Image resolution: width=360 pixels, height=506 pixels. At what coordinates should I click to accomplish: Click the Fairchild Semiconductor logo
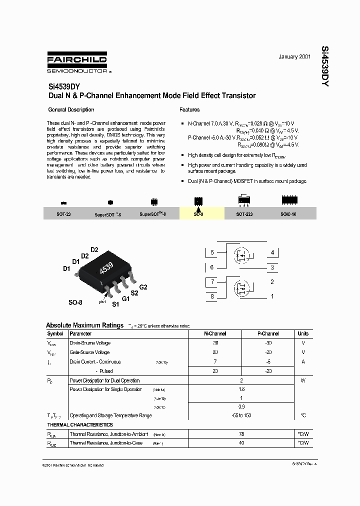(77, 62)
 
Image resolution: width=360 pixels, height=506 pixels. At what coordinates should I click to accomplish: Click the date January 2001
(294, 57)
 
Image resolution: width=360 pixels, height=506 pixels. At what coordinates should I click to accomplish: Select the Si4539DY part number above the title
(61, 85)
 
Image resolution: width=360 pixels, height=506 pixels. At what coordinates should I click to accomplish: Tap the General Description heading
(71, 109)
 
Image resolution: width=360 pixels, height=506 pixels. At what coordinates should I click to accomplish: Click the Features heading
(189, 109)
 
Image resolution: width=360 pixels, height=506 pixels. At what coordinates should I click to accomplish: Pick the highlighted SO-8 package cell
(198, 214)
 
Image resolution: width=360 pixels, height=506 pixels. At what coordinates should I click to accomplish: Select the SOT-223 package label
(244, 214)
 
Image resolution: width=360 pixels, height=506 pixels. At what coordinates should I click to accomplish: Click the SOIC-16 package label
(288, 214)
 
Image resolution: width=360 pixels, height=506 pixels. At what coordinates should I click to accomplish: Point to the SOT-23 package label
(63, 214)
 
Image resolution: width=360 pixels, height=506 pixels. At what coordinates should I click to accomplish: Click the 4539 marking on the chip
(106, 268)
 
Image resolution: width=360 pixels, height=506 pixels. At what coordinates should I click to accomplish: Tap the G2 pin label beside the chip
(143, 287)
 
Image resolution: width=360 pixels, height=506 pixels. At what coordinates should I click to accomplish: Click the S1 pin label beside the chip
(115, 304)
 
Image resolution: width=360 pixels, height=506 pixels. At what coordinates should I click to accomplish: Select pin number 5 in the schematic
(212, 252)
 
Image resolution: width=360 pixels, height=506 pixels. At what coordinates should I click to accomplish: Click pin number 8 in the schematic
(212, 296)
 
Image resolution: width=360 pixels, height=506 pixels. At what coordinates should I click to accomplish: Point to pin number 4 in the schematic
(272, 252)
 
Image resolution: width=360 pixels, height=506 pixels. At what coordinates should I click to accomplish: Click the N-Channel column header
(215, 333)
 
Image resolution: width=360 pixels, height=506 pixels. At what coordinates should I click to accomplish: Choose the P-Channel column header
(268, 333)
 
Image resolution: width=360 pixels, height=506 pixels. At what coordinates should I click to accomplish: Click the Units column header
(303, 333)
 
